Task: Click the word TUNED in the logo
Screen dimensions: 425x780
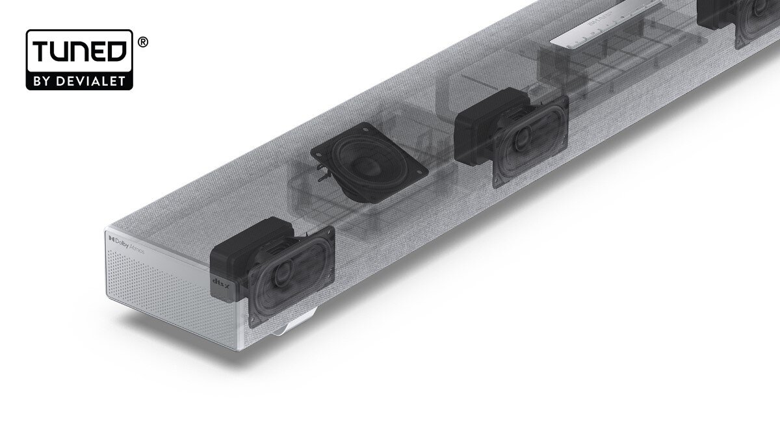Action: (x=79, y=53)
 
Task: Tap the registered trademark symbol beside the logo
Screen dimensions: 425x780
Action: (x=143, y=42)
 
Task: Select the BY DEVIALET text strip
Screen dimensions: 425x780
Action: (x=79, y=81)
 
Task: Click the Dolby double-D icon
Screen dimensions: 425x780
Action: (x=112, y=238)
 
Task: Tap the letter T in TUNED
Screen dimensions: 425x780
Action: (x=41, y=53)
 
